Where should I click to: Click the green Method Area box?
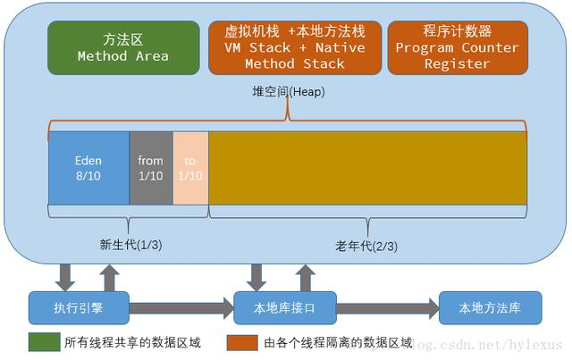click(122, 47)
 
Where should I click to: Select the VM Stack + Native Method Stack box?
click(294, 47)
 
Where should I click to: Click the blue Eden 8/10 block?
click(88, 168)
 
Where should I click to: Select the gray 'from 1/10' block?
click(151, 168)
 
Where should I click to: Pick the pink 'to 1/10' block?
click(189, 168)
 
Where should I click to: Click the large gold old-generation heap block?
click(366, 168)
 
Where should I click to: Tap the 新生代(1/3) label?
click(130, 243)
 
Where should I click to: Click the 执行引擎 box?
click(79, 307)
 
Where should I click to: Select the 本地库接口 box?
click(284, 307)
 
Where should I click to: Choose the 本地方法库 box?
click(489, 307)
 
